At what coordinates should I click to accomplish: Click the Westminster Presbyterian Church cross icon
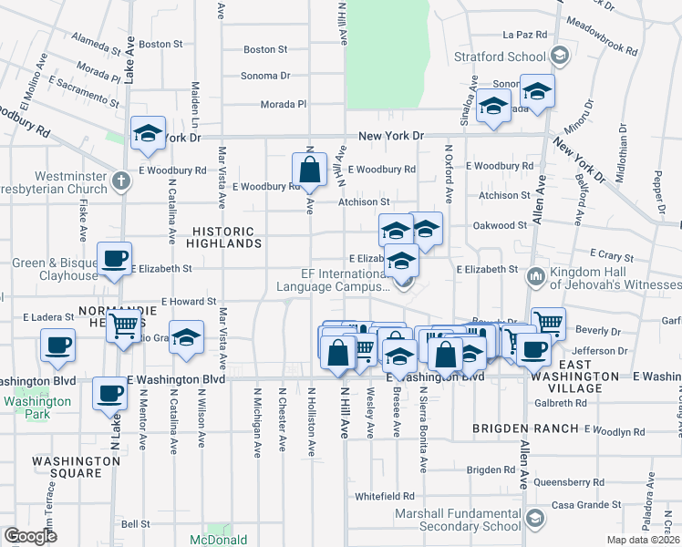[120, 180]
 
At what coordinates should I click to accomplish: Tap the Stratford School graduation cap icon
[559, 57]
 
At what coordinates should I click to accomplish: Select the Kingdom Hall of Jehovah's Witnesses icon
[535, 275]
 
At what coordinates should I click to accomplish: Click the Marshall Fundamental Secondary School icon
[535, 519]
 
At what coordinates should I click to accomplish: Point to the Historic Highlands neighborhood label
[224, 237]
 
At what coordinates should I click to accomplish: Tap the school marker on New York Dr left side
[148, 134]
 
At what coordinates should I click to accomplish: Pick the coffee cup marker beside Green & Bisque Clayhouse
[115, 259]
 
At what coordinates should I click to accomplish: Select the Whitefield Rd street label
[385, 497]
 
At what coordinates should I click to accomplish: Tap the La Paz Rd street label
[524, 36]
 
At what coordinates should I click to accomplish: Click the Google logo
[30, 536]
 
